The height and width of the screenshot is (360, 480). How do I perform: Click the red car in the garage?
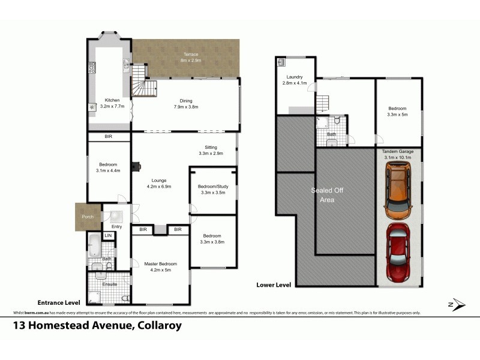click(398, 253)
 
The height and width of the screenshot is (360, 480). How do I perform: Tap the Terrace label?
click(190, 55)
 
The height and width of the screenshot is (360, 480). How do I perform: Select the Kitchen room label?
click(112, 100)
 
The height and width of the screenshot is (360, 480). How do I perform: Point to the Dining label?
click(185, 101)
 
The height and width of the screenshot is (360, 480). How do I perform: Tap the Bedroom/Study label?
click(212, 187)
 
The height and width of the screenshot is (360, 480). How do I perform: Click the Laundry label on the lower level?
click(295, 77)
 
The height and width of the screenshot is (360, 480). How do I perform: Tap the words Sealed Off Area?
click(323, 195)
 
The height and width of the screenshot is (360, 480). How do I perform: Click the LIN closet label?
click(108, 236)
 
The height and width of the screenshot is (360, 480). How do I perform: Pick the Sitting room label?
click(211, 148)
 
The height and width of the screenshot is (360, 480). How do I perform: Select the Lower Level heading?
click(274, 285)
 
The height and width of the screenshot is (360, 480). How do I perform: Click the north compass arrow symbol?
click(457, 304)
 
